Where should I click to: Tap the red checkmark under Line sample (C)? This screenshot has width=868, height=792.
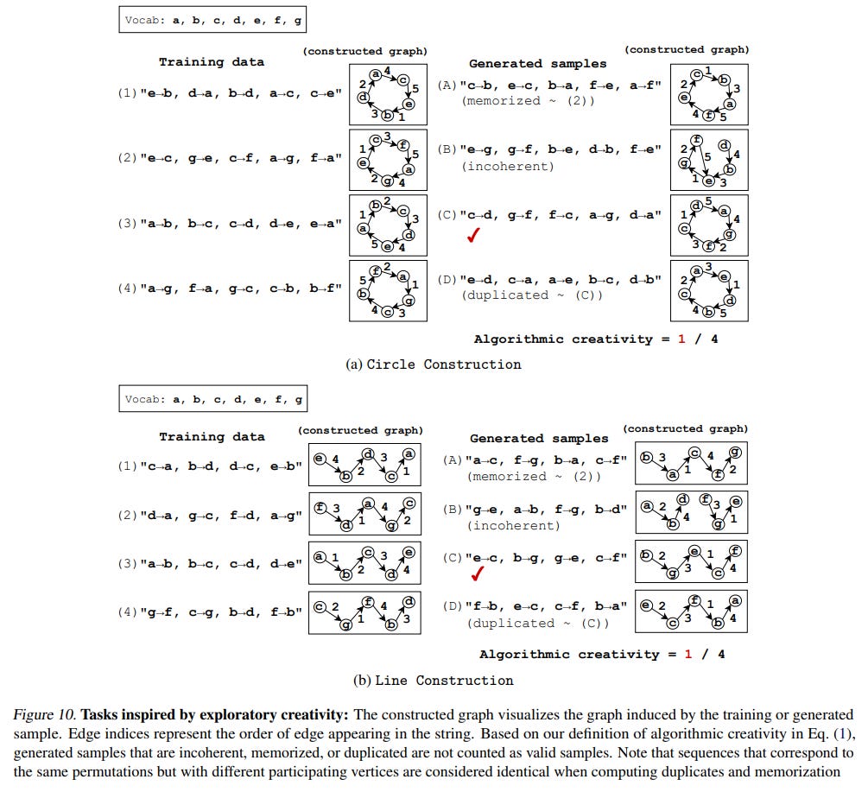477,574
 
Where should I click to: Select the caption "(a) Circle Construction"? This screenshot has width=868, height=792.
434,364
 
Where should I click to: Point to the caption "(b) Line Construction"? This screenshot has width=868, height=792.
434,680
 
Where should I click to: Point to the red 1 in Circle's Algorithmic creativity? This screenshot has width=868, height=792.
681,339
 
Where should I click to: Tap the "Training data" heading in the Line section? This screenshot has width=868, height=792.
212,437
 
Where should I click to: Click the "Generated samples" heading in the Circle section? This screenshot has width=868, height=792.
538,64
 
